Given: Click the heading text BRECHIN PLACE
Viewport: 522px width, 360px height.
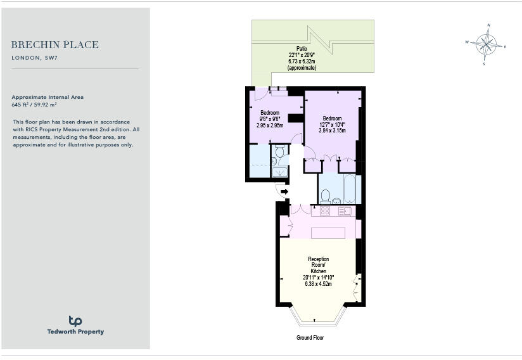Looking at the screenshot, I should click(55, 45).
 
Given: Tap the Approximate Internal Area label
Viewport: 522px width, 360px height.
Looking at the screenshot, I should click(48, 97).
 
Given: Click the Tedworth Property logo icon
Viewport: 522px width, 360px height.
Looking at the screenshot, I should click(75, 321).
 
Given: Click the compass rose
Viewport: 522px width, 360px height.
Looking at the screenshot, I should click(486, 44).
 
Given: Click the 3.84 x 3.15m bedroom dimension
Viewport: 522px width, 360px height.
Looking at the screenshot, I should click(332, 131).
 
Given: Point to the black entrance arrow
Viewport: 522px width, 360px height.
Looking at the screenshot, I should click(284, 191).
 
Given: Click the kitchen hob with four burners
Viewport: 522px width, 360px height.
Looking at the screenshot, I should click(326, 211).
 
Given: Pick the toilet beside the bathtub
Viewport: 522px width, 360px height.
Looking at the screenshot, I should click(326, 196).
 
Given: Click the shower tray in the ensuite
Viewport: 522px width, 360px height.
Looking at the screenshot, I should click(279, 172).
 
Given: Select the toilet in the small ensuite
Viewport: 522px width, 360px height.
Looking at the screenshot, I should click(279, 151).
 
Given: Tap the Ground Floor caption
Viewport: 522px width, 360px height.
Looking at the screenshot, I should click(310, 338).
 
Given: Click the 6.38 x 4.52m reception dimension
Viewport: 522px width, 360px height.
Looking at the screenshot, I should click(319, 284).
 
